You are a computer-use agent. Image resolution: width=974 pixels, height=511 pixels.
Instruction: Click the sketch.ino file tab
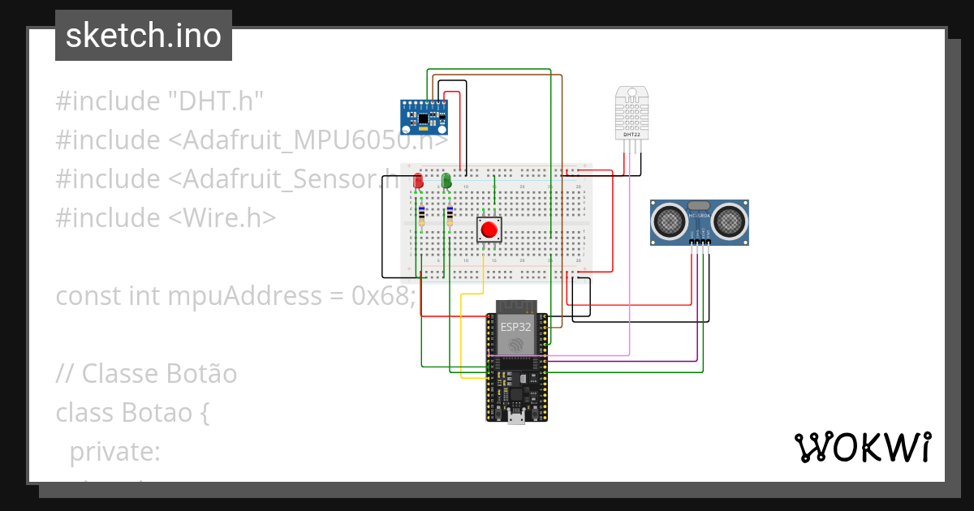[143, 36]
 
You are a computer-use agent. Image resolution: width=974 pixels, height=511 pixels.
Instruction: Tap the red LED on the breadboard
[418, 181]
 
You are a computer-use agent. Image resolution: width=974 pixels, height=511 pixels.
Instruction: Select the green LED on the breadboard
[446, 181]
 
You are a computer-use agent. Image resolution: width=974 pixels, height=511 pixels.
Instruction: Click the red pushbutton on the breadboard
[489, 230]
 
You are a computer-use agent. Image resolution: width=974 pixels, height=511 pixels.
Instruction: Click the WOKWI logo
[862, 447]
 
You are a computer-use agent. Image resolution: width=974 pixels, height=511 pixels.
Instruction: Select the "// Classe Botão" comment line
[146, 374]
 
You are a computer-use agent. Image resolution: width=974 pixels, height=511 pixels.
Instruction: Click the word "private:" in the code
[115, 452]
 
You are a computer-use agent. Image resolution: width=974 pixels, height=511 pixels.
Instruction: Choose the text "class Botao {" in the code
[133, 413]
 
